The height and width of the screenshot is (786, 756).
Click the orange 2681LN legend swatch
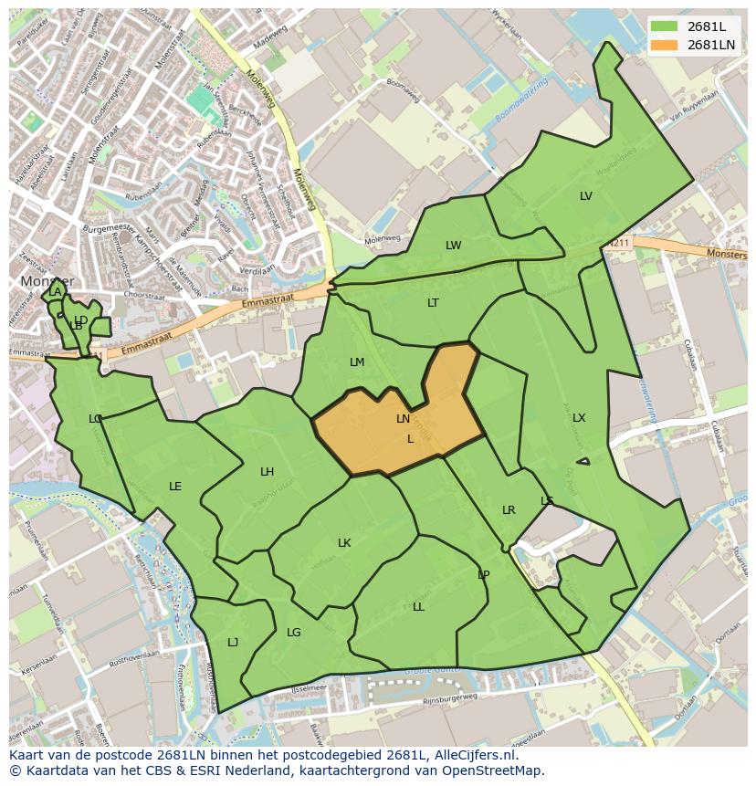coord(665,45)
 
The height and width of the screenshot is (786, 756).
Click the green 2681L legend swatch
coord(665,26)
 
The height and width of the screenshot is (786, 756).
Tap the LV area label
coord(586,196)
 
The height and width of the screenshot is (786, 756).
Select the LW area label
coord(454,246)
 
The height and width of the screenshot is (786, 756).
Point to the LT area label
coord(433,303)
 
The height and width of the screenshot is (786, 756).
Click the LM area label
coord(357,362)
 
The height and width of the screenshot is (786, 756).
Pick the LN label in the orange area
coord(403,419)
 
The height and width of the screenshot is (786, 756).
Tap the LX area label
coord(579,418)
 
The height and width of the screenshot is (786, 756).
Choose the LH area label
coord(267,472)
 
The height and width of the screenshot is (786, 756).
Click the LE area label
coord(175,487)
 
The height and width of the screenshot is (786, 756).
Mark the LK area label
coord(344,543)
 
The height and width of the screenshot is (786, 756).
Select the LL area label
coord(418,607)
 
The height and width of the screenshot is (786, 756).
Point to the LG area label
coord(294,633)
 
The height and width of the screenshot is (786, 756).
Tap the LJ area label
coord(233,643)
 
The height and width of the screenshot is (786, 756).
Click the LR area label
coord(509,510)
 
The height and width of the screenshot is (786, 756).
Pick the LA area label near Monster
coord(55,292)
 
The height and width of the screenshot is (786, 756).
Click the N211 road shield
coord(619,243)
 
